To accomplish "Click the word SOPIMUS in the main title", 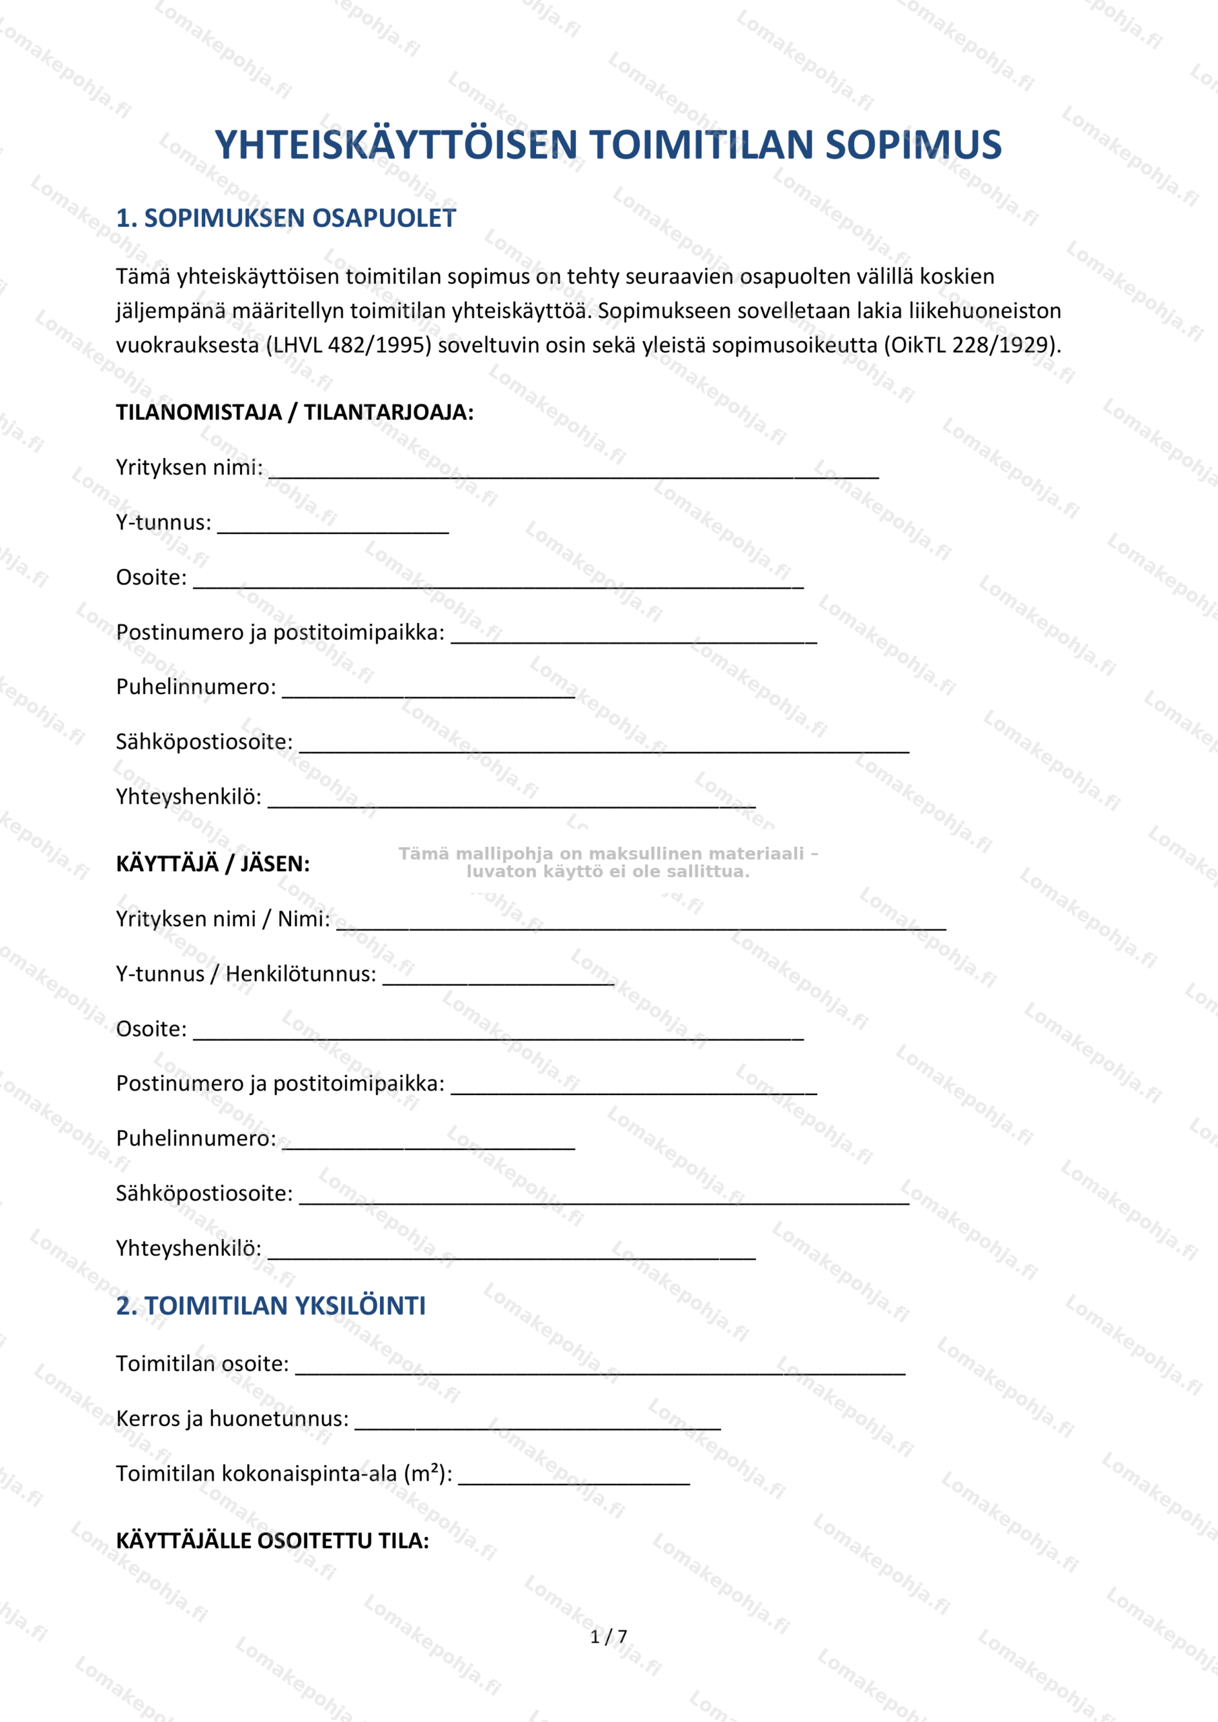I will (913, 145).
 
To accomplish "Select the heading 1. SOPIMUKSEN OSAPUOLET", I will (286, 218).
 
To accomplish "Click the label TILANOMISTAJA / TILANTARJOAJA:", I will (295, 412).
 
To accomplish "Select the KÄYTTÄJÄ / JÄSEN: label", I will (213, 864).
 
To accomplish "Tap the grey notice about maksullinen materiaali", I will (607, 862).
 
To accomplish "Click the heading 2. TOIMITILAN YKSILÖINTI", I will (271, 1306).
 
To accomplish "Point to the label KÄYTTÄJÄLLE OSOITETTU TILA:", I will (272, 1540).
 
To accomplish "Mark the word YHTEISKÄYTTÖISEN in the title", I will (396, 145).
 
